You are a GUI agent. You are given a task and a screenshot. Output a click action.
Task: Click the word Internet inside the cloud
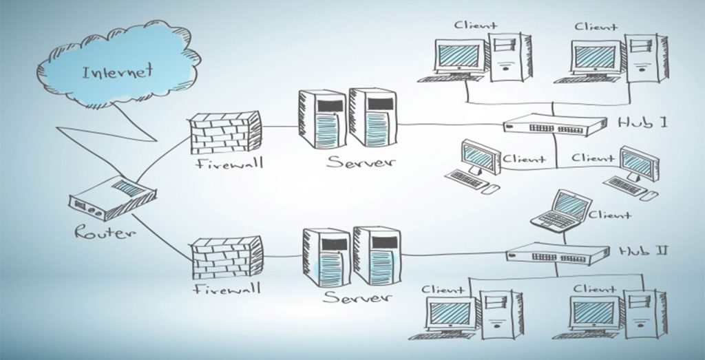coord(117,72)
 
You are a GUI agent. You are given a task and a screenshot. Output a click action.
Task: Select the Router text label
coord(103,233)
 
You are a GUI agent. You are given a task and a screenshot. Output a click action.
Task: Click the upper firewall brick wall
coord(225,132)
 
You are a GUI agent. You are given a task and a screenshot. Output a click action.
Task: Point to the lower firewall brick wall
coord(226,257)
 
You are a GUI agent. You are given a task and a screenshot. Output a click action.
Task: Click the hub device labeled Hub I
coord(554,125)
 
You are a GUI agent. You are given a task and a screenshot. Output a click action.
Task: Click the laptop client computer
coord(561,211)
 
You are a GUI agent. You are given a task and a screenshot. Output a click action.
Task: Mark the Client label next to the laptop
coord(610,215)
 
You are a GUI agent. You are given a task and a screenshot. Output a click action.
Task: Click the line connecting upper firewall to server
coord(280,127)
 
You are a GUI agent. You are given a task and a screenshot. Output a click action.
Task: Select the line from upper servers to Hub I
coord(448,125)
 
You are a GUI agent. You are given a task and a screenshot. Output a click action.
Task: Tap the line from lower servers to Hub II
coord(451,254)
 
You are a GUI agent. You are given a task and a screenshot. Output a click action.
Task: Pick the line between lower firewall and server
coord(282,256)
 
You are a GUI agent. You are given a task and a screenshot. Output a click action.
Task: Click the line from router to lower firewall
coord(162,237)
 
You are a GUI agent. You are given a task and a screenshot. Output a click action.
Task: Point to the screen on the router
coord(125,187)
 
